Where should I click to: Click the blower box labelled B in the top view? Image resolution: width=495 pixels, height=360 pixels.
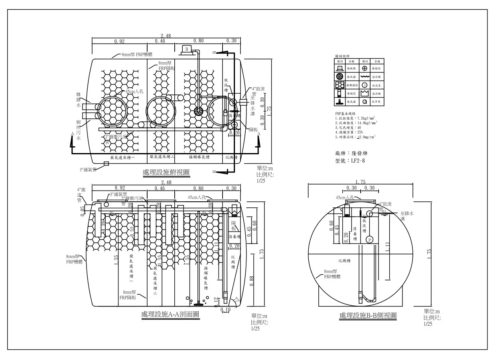click(x=186, y=49)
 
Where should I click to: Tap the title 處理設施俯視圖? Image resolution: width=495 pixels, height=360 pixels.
click(x=166, y=173)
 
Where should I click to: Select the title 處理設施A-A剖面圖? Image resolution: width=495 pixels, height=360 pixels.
click(x=170, y=315)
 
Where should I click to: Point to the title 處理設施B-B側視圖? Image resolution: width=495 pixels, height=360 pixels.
click(x=368, y=316)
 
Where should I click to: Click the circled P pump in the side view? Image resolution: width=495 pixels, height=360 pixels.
click(x=369, y=239)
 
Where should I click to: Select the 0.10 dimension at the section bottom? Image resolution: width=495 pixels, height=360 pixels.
click(x=225, y=310)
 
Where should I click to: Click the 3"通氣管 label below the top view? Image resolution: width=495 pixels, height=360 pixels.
click(x=88, y=169)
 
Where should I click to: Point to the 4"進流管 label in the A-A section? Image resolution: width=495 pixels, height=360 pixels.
click(x=81, y=195)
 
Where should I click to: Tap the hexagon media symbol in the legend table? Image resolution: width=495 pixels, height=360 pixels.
click(x=340, y=85)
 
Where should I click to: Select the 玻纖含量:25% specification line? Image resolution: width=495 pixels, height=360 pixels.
click(x=349, y=132)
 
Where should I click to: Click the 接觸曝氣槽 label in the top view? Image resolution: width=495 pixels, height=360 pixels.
click(x=198, y=157)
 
